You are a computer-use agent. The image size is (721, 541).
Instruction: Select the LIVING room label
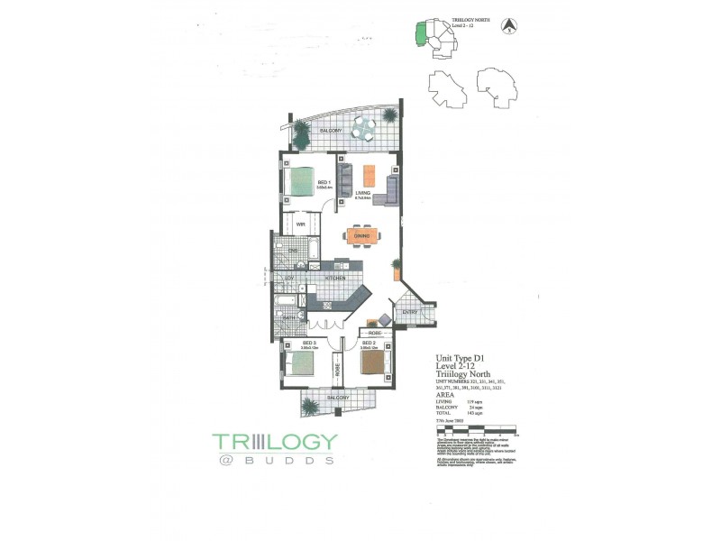[362, 192]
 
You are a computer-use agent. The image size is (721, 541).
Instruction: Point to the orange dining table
[362, 236]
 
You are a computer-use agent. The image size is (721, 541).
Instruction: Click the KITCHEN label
[335, 279]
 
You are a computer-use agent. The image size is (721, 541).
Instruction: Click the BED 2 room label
[368, 343]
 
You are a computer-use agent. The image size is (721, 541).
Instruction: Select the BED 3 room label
[308, 344]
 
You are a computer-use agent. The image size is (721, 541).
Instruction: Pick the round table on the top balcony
[362, 132]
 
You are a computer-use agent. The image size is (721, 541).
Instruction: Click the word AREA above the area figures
[444, 394]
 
